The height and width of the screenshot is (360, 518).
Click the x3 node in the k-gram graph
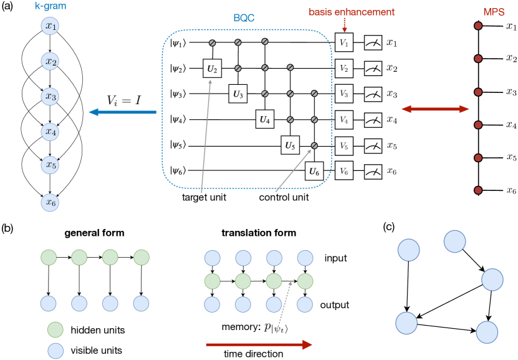[50, 97]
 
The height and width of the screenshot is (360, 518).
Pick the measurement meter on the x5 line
[373, 144]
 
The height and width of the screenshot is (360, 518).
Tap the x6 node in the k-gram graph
[50, 201]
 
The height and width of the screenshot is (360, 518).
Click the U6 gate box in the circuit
[314, 170]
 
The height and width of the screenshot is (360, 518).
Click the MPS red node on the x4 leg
[477, 124]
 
